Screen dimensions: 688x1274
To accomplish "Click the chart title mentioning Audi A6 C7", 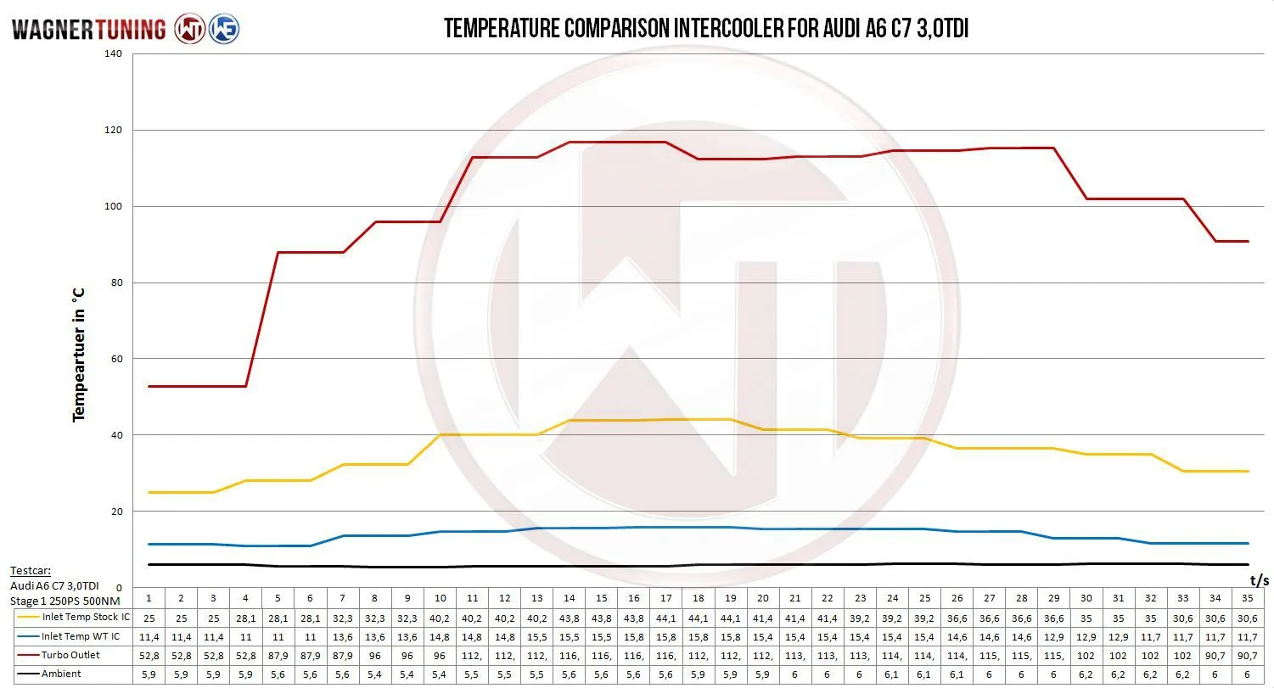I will (x=706, y=29).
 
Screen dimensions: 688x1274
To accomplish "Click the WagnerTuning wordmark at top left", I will (x=88, y=30).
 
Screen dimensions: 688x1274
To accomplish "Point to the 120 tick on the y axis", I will (x=114, y=131).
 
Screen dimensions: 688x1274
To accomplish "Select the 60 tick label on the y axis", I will (x=116, y=359).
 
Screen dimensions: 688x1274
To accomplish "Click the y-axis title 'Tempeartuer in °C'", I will (x=79, y=355).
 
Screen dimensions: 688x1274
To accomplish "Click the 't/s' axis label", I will (x=1259, y=580).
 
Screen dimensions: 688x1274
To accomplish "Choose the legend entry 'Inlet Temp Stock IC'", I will (x=86, y=617).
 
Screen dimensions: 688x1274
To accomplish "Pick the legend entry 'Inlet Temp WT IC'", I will (x=81, y=636).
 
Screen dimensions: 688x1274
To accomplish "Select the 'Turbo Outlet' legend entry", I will (x=70, y=655).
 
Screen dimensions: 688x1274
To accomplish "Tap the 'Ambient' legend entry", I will (x=61, y=674).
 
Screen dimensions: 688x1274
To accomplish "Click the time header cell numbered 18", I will (x=699, y=598).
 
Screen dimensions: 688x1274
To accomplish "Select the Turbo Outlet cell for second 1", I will (x=149, y=655).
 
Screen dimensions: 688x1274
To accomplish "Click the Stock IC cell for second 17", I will (x=666, y=618).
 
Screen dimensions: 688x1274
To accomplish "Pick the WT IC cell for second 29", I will (x=1054, y=636).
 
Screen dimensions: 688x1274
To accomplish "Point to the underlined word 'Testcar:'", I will (x=31, y=571).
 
